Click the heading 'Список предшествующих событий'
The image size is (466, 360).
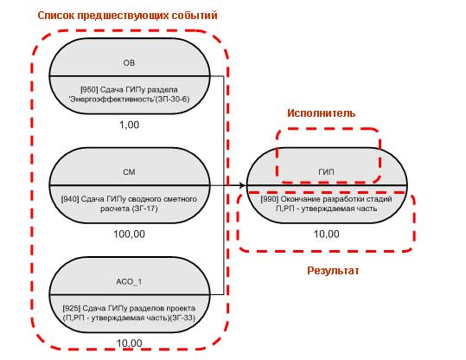point(127,16)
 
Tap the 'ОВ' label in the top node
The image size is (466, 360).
point(129,63)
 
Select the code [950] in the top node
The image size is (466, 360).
point(89,89)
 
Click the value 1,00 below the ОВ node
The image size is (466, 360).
point(130,125)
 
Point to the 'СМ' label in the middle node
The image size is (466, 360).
point(129,172)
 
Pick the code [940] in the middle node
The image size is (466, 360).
point(70,199)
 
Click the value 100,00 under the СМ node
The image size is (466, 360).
point(130,235)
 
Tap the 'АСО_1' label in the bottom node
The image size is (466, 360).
point(129,281)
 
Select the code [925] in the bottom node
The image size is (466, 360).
point(72,308)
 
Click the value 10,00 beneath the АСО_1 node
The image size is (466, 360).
point(130,344)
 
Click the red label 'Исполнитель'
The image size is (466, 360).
point(322,113)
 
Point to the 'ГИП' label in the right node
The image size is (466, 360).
point(326,172)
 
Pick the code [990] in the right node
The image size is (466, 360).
point(270,199)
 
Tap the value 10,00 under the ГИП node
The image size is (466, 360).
point(326,235)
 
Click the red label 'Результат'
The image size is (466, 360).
point(333,271)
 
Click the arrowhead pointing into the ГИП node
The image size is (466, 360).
point(243,186)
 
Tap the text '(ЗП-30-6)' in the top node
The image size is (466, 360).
point(174,99)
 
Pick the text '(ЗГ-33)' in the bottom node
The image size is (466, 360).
point(182,318)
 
